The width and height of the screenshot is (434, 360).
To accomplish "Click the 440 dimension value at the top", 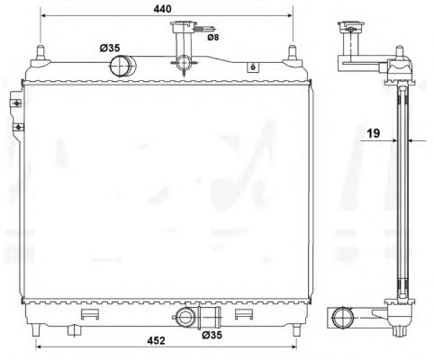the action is coord(162,9).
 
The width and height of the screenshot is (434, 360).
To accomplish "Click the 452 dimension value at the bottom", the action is coord(156,340).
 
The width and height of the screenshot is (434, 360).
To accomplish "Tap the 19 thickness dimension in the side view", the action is coord(374,133).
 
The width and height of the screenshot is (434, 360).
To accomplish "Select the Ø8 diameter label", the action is coord(213,38).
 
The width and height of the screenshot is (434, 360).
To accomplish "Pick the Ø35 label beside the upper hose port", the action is coord(110,48).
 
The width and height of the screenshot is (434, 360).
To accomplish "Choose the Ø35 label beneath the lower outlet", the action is coord(212,335).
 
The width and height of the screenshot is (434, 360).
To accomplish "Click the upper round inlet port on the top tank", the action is coord(122,66).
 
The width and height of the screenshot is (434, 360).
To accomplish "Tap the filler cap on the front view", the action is coord(183,26).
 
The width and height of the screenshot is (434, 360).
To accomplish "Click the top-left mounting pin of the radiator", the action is coord(41,54).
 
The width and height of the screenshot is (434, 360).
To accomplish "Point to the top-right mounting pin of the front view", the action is coord(293,54).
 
